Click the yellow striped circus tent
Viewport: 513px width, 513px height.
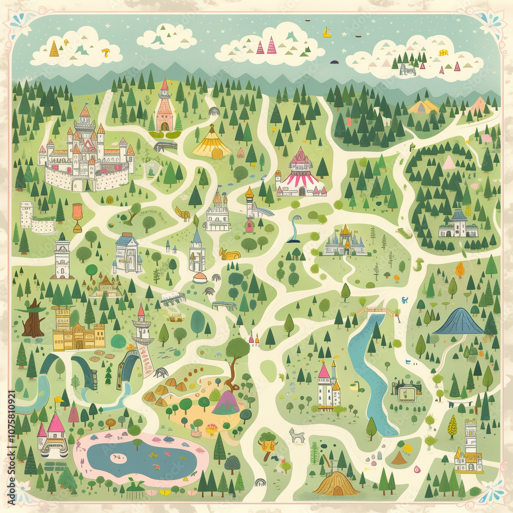(x=211, y=143)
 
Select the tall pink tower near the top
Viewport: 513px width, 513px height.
(x=164, y=108)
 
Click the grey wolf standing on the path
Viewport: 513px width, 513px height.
(x=297, y=436)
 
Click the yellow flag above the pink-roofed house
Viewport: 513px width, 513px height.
(x=59, y=399)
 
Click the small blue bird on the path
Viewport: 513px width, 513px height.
(x=405, y=300)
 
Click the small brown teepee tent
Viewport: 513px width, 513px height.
(x=399, y=458)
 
